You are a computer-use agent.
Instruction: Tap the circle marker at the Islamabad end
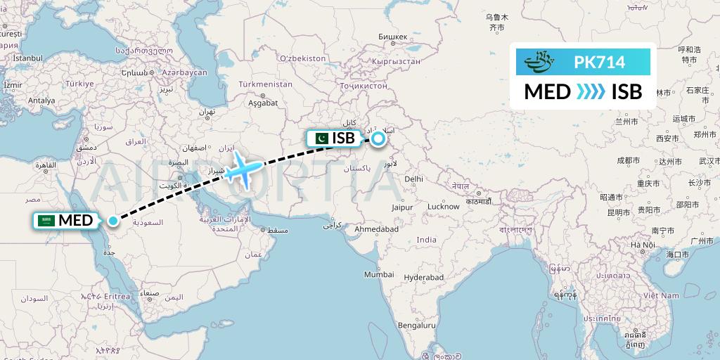point(378,139)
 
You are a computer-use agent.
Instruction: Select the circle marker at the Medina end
point(113,221)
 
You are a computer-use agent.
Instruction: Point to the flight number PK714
point(599,63)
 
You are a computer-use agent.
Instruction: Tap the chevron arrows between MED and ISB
point(589,91)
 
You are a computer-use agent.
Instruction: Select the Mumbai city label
point(379,275)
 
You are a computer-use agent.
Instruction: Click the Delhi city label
point(413,179)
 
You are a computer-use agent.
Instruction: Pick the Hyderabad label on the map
point(424,278)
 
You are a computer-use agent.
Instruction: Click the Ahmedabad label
point(377,229)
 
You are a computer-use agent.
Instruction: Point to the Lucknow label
point(444,207)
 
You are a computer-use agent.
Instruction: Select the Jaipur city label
point(403,208)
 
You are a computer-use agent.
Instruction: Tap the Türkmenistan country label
point(265,84)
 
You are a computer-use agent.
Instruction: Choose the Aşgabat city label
point(263,103)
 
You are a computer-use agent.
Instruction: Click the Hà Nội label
point(643,245)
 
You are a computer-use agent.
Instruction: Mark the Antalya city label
point(41,101)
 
